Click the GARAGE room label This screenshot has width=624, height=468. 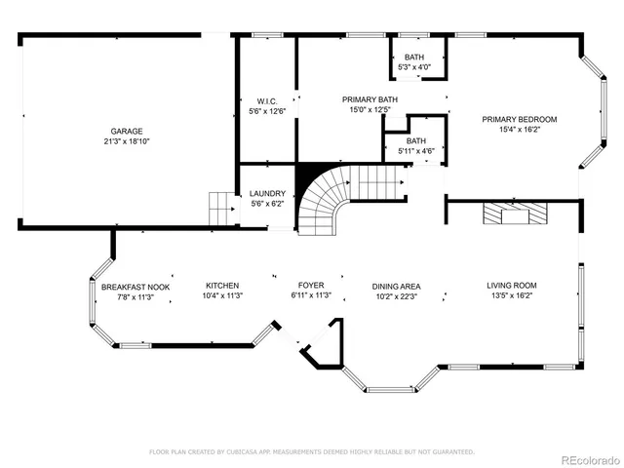tap(126, 131)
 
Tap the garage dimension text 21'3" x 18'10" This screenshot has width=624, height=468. tap(126, 141)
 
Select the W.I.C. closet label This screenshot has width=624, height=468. tap(268, 100)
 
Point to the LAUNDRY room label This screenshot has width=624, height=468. tap(267, 194)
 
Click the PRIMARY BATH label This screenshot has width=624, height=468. tap(369, 99)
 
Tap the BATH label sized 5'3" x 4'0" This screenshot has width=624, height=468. tap(414, 57)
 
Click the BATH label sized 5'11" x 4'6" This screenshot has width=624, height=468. tap(416, 141)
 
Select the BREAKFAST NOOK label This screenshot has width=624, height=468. tap(136, 287)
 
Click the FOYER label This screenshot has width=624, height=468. tap(311, 287)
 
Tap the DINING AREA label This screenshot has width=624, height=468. tap(395, 287)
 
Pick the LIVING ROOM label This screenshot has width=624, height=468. tap(512, 286)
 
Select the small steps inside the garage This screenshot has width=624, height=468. tap(223, 207)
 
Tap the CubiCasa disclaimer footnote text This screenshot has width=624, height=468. tap(311, 451)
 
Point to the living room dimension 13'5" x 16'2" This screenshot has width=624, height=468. tap(512, 296)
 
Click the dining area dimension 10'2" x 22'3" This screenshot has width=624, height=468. tap(395, 296)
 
